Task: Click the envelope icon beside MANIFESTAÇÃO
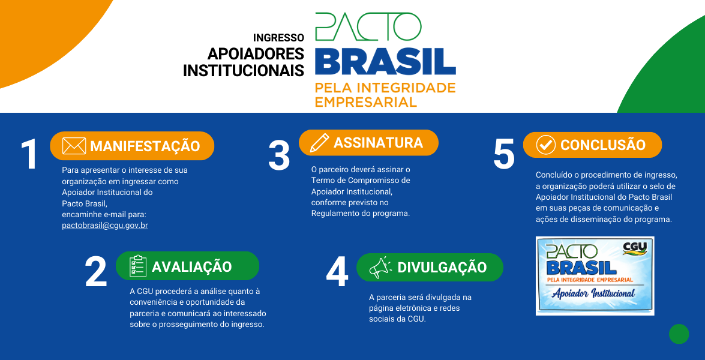pos(74,146)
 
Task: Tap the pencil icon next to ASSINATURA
pos(320,143)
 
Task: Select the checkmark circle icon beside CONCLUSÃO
pos(546,145)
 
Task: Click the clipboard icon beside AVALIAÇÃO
pos(138,266)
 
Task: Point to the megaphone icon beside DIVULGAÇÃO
pos(380,268)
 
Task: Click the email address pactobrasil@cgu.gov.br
pos(105,225)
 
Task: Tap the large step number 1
pos(29,154)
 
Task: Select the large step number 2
pos(96,272)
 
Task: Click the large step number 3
pos(279,155)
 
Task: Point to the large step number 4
pos(337,273)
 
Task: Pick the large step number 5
pos(503,154)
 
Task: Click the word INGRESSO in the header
pos(278,38)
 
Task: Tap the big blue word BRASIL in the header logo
pos(385,61)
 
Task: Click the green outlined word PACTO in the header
pos(368,26)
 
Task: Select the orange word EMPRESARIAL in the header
pos(365,101)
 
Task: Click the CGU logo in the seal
pos(634,248)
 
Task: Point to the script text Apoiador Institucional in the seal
pos(593,293)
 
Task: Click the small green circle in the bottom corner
pos(679,334)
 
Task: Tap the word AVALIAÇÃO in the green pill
pos(191,266)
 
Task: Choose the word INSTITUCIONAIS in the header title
pos(243,70)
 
